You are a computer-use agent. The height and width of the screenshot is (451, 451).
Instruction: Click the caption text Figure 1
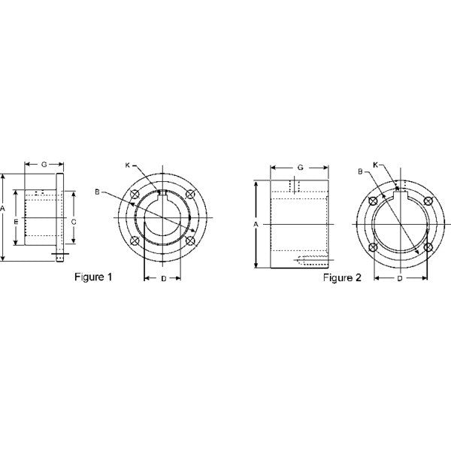coord(93,277)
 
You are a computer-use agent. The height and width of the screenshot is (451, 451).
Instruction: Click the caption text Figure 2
coord(343,278)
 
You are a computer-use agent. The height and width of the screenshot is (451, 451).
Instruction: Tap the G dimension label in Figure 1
coord(44,163)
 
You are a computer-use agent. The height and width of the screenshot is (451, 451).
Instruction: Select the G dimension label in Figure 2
coord(299,166)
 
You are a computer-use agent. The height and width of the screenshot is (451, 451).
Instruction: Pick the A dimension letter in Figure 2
coord(256,224)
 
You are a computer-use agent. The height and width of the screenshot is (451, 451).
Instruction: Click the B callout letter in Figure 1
coord(97,192)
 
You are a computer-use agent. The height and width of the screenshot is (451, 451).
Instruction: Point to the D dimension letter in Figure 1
coord(162,279)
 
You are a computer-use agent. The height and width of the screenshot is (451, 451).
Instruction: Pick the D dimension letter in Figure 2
coord(400,279)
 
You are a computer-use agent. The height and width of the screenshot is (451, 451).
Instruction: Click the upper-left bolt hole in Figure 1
coord(134,195)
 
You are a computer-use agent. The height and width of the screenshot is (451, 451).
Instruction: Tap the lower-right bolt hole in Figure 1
coord(190,241)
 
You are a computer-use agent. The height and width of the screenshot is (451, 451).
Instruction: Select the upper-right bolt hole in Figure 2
coord(428,200)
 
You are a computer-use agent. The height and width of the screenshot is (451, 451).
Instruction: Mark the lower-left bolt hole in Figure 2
coord(373,247)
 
